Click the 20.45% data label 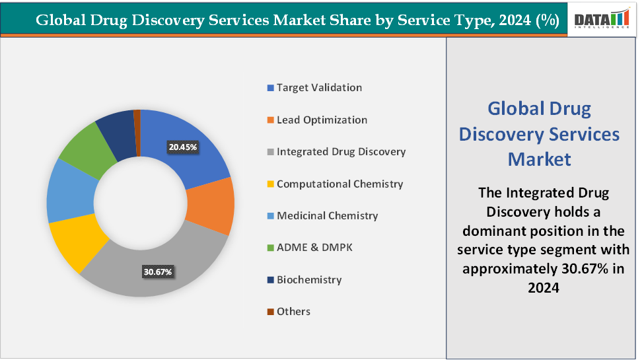point(183,147)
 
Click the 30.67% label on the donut point(159,271)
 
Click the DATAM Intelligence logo point(602,19)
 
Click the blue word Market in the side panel point(540,159)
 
